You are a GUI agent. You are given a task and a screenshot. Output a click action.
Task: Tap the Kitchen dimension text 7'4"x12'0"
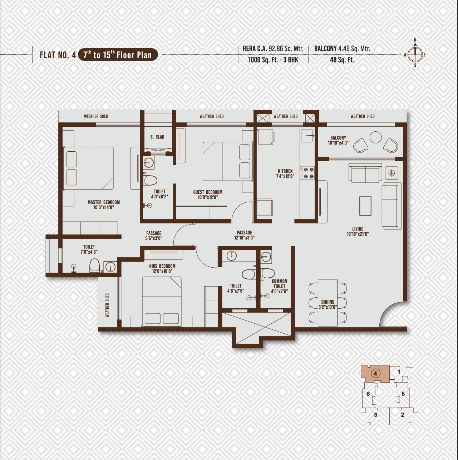[285, 176]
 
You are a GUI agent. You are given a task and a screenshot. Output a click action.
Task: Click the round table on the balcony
[375, 137]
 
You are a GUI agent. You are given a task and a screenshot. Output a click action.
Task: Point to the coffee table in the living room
[365, 206]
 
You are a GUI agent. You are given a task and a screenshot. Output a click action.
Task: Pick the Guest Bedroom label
[208, 192]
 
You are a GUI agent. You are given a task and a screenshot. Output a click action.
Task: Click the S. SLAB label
[157, 137]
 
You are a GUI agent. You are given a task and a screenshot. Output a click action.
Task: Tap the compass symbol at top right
[415, 55]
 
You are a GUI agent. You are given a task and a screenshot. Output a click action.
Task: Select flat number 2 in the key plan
[403, 421]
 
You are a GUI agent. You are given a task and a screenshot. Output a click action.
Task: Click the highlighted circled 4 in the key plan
[375, 373]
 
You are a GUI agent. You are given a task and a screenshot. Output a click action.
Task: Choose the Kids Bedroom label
[162, 266]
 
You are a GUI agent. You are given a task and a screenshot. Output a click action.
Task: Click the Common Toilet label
[279, 284]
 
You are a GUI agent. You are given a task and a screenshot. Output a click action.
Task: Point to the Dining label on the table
[328, 302]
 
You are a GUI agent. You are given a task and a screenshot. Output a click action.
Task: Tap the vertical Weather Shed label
[107, 305]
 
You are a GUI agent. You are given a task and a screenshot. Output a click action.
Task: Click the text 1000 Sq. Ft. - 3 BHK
[273, 60]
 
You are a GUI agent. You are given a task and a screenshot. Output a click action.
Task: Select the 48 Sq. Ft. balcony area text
[342, 60]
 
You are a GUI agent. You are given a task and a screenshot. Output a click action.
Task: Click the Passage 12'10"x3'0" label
[245, 235]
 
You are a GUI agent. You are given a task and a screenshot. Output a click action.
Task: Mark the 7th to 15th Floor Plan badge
[118, 55]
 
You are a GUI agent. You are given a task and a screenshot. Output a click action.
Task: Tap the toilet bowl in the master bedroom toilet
[94, 266]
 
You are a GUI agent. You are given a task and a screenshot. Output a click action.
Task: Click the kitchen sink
[307, 136]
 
